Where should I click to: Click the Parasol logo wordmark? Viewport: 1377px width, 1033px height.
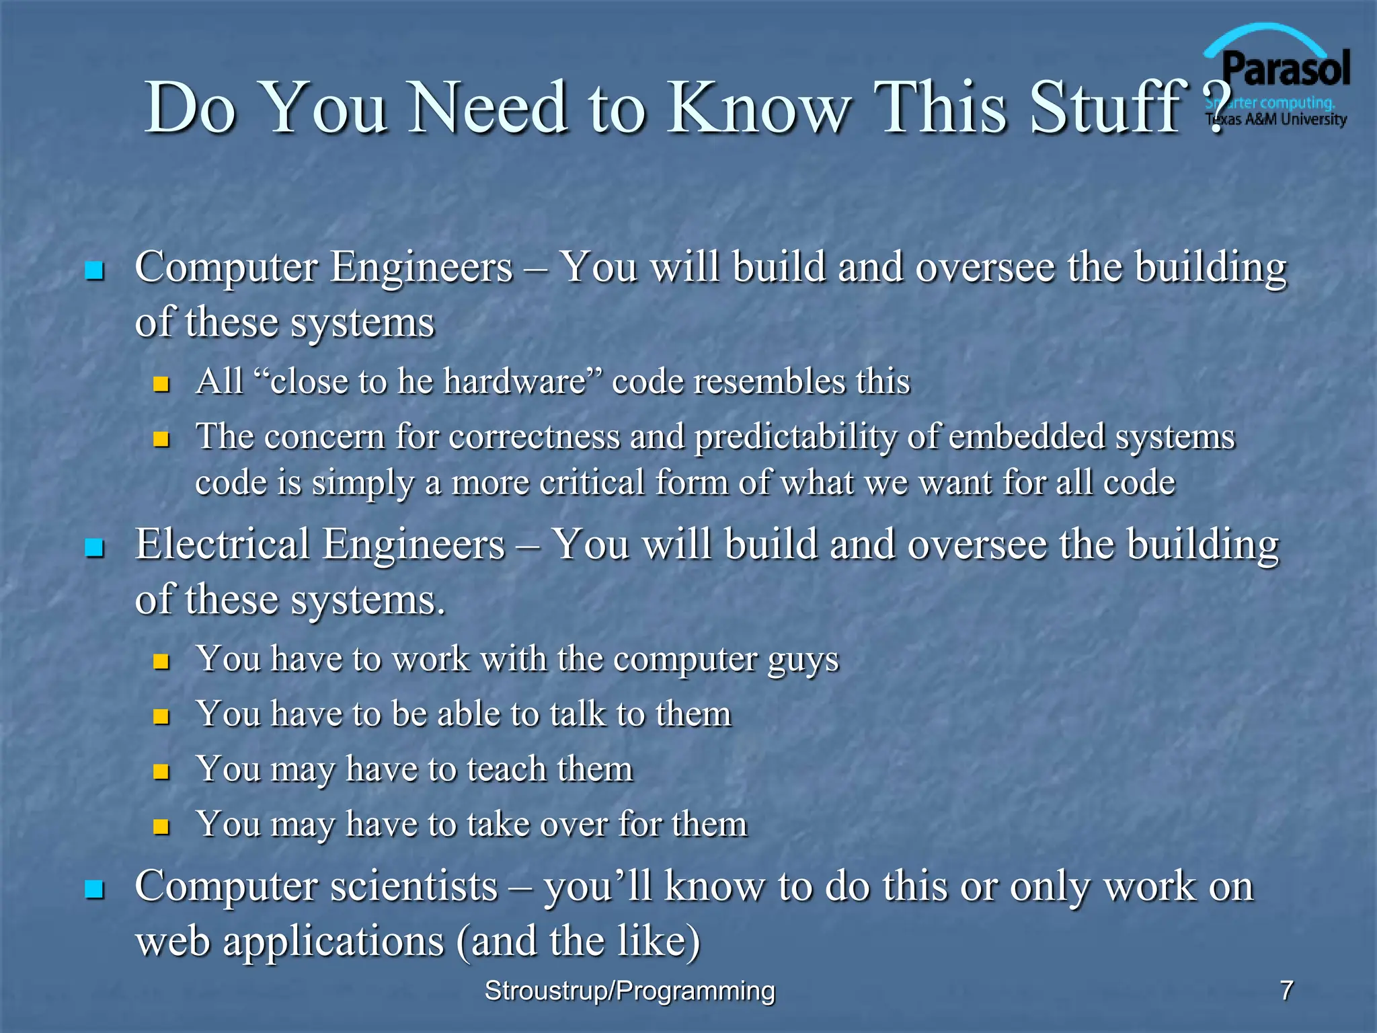pos(1286,69)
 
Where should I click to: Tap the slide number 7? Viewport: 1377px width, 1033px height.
pos(1286,991)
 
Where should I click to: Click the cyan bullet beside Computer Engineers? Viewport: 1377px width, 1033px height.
pos(94,271)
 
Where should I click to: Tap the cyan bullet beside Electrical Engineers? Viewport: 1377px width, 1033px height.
pos(94,548)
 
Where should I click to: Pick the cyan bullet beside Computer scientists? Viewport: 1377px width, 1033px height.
pos(94,890)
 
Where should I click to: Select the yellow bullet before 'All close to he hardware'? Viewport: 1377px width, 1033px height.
pos(161,385)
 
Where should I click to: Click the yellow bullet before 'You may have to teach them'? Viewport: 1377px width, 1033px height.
pos(161,771)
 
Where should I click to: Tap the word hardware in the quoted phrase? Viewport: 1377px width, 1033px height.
pos(514,381)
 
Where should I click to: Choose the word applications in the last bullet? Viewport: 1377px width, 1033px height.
pos(333,942)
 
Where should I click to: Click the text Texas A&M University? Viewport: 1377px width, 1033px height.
pos(1276,120)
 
